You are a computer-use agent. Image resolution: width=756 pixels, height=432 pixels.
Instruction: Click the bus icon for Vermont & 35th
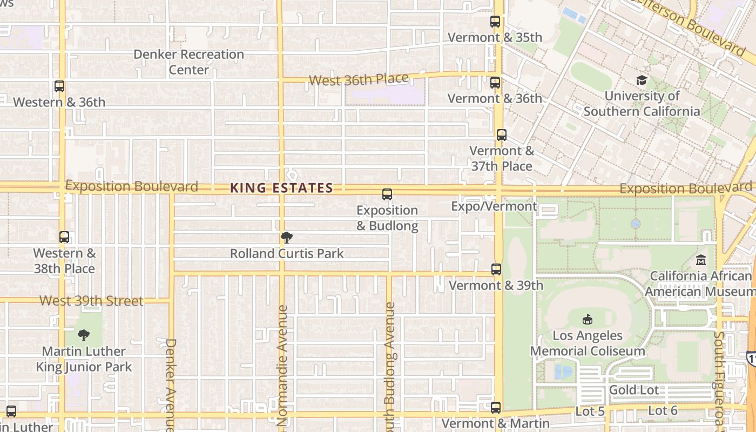click(x=495, y=22)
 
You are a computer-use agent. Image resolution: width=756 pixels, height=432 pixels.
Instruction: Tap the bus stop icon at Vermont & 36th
click(x=495, y=83)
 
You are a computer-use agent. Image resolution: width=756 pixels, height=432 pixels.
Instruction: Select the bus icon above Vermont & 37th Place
click(x=502, y=135)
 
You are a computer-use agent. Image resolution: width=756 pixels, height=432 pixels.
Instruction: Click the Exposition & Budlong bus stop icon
click(x=387, y=194)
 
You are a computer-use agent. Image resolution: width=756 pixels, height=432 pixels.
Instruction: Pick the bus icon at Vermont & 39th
click(x=496, y=269)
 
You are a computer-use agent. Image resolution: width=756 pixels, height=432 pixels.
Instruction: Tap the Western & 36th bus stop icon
click(x=59, y=86)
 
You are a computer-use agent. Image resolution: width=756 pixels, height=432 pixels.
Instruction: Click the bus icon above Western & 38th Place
click(x=64, y=237)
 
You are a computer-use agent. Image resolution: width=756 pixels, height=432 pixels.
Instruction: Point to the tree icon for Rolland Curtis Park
click(x=287, y=238)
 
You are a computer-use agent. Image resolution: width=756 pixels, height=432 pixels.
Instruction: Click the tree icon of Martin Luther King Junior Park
click(x=84, y=335)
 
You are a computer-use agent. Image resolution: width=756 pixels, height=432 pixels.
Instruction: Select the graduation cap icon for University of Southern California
click(x=642, y=80)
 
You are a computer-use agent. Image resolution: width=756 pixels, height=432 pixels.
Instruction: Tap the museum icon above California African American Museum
click(x=701, y=260)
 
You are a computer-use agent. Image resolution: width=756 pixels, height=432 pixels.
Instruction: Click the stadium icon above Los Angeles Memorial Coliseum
click(x=588, y=320)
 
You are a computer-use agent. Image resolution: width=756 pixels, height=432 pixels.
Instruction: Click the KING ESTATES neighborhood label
click(x=281, y=188)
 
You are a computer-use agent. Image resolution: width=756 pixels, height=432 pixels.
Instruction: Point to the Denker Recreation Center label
click(x=188, y=62)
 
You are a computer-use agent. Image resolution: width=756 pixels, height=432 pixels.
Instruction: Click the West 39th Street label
click(x=92, y=301)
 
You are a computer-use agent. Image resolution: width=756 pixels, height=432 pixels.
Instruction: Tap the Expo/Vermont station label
click(x=494, y=206)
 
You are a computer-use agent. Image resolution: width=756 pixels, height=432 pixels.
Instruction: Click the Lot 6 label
click(x=663, y=410)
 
